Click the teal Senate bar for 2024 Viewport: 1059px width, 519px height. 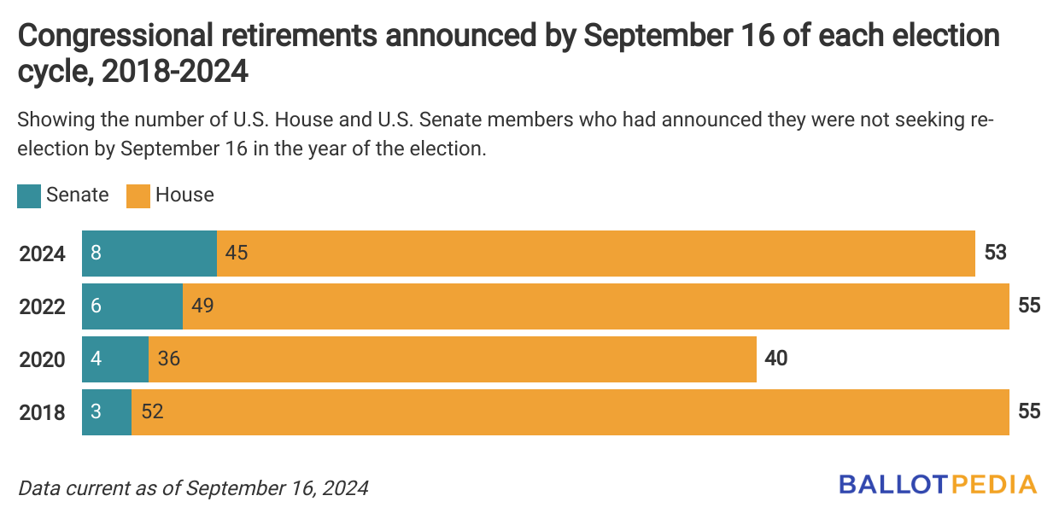click(149, 254)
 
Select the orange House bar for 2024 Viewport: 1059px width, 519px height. click(595, 254)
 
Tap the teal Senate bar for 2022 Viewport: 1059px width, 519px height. click(132, 306)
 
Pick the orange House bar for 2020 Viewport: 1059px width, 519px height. click(452, 359)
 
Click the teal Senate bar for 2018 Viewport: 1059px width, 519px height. click(107, 412)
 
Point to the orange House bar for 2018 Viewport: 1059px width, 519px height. click(570, 412)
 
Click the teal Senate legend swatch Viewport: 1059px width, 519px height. click(29, 195)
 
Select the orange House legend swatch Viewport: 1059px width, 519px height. click(138, 195)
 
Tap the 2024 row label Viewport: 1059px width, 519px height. click(42, 254)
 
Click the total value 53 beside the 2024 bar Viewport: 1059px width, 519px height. click(995, 254)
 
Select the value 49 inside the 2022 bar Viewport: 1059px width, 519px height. click(202, 306)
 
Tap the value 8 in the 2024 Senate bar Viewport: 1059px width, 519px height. click(96, 254)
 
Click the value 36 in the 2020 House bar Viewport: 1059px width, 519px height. click(168, 359)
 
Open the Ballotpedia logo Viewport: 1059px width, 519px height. click(937, 484)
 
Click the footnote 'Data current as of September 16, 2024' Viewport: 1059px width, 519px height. click(193, 488)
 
